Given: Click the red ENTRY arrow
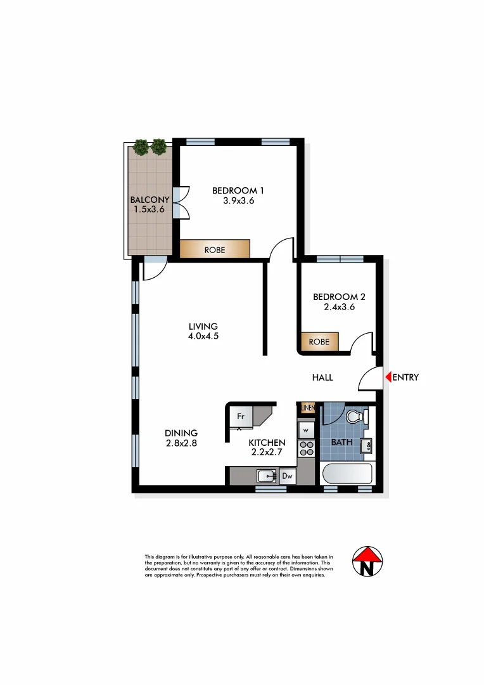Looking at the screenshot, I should [388, 377].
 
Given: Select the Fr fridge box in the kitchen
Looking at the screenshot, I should [241, 417].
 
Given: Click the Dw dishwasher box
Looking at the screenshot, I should [287, 476].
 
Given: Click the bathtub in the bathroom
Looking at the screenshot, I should [347, 474].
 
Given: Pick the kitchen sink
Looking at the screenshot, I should [267, 476].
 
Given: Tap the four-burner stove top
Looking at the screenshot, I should [306, 449].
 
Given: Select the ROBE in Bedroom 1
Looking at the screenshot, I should [214, 250].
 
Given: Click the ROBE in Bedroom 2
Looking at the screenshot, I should [319, 342].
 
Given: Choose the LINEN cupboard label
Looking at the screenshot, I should [308, 408].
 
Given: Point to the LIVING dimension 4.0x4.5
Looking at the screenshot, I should [203, 337].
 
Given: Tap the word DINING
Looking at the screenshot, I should [182, 433].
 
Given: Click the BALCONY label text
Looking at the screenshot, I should [150, 200].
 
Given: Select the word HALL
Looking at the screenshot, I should [322, 378].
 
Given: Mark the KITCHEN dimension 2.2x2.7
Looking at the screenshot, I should [266, 453].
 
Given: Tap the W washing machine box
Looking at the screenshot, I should [306, 430].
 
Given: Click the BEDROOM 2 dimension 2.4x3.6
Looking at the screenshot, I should [339, 307].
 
